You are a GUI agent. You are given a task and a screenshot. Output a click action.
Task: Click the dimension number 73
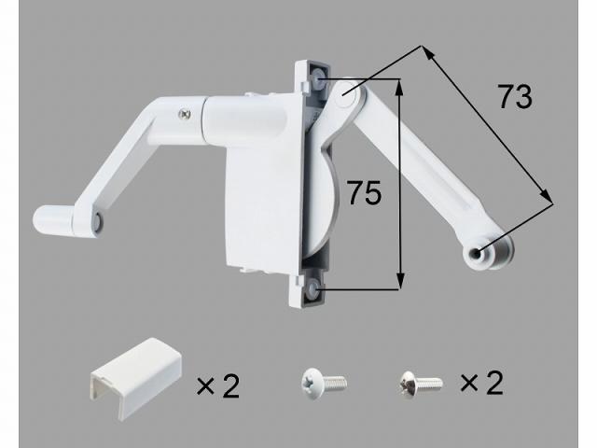[514, 97]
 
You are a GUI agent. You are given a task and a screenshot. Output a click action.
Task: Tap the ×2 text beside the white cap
[217, 384]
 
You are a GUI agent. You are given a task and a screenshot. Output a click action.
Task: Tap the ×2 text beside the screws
[483, 383]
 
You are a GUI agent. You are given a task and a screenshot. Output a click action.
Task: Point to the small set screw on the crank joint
[184, 113]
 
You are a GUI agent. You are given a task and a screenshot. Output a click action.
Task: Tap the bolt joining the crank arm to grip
[97, 222]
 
